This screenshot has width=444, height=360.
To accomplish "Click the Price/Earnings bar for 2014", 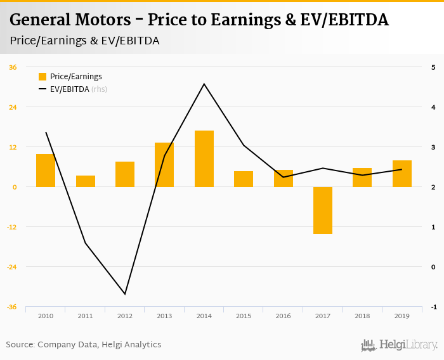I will click(x=204, y=158).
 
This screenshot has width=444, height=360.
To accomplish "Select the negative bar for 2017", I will click(x=323, y=210).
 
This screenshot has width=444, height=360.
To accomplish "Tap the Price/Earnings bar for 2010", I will click(x=46, y=170).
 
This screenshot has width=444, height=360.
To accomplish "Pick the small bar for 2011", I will click(x=86, y=181).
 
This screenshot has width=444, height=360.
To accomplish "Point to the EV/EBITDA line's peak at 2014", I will click(x=204, y=84).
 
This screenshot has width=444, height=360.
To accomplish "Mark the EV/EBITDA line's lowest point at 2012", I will click(x=125, y=294).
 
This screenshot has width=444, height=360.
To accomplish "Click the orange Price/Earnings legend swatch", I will click(x=43, y=77).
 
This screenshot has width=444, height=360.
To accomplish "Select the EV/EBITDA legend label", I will click(x=70, y=89).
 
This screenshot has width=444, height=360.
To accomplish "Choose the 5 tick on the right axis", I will click(x=433, y=67).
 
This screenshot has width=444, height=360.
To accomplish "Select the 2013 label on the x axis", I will click(x=164, y=316).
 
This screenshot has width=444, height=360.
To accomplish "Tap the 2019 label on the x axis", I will click(x=402, y=316).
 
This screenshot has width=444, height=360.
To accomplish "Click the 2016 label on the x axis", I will click(x=283, y=316).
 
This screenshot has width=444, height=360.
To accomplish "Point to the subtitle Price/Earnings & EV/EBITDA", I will click(x=84, y=41).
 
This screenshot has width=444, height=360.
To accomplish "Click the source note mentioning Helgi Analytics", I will click(x=84, y=345).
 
